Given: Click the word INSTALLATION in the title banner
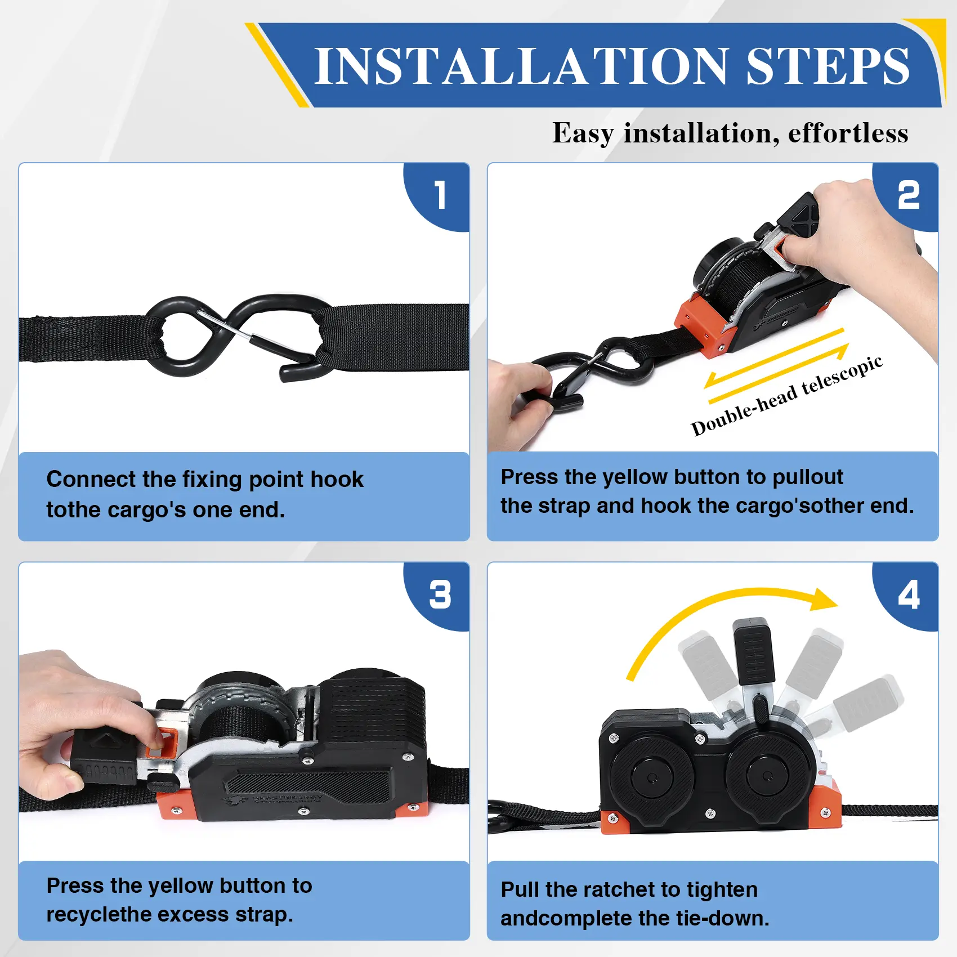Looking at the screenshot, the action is [521, 66].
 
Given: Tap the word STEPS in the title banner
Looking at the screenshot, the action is [828, 66].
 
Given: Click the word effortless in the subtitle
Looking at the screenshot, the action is [848, 133].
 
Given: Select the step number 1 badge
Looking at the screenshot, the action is [437, 197].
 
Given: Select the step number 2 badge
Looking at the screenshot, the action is [906, 197].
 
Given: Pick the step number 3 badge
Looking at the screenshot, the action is [437, 596].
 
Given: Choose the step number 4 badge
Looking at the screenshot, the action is [906, 596].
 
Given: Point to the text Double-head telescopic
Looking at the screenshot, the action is [787, 396].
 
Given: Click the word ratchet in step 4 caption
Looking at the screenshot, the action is [619, 890].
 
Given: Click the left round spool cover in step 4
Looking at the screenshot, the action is [652, 777].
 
